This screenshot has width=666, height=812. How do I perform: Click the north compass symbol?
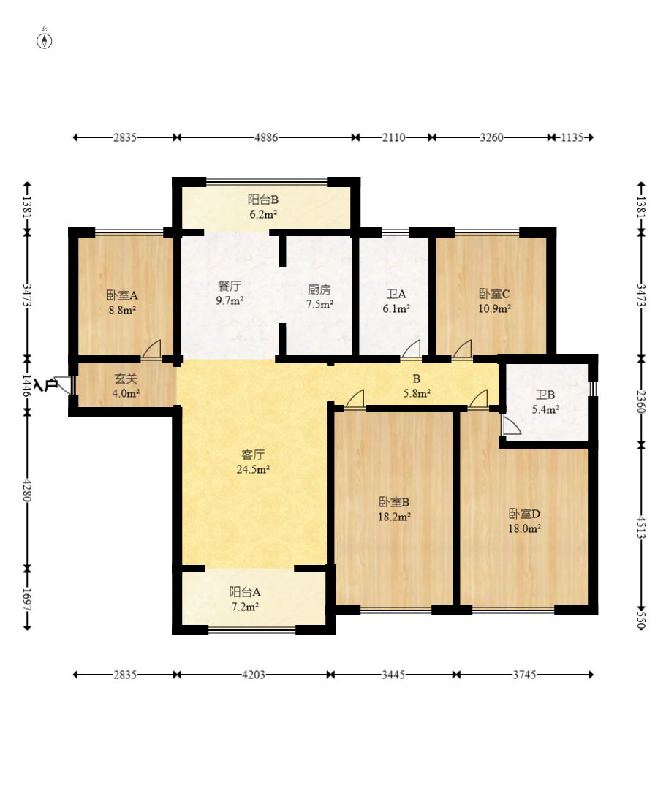[x=45, y=41]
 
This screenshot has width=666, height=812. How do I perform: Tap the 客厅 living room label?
[x=253, y=455]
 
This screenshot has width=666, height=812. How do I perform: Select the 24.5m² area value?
[x=253, y=470]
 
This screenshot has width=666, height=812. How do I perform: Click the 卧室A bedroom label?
[x=122, y=295]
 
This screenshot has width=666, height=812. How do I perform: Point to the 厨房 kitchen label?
[x=319, y=289]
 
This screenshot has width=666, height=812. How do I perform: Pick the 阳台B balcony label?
[x=263, y=200]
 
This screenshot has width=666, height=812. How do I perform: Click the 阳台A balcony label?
[x=245, y=591]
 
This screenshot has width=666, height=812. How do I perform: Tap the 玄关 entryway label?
[x=126, y=379]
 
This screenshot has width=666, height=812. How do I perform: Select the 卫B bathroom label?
[x=545, y=395]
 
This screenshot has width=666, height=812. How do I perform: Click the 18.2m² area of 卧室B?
[x=395, y=516]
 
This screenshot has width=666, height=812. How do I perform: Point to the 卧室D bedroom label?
[x=525, y=514]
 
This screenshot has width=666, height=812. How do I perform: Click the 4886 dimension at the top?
[x=266, y=137]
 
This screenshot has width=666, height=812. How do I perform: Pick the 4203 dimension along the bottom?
[x=254, y=675]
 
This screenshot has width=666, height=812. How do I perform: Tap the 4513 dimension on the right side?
[x=641, y=527]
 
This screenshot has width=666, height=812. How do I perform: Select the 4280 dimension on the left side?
[x=27, y=490]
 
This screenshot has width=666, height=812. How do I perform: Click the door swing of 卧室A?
[x=151, y=349]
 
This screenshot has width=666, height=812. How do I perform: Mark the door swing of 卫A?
[x=411, y=349]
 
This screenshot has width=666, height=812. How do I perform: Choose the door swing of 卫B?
[x=511, y=425]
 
